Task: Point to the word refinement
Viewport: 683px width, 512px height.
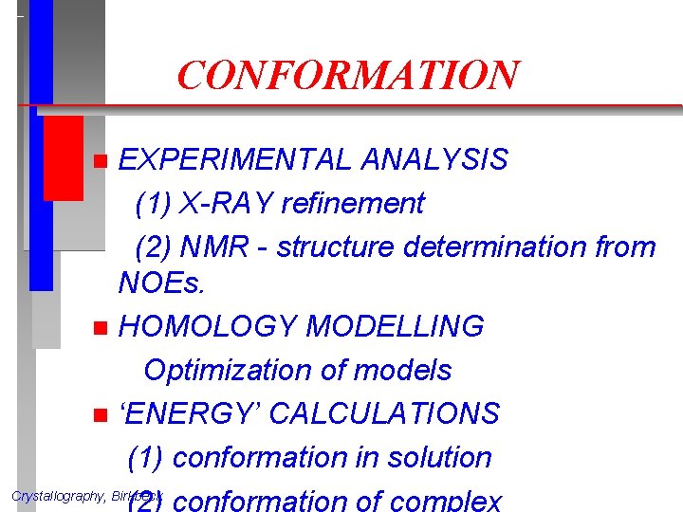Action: tap(360, 203)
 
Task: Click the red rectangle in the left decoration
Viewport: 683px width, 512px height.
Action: tap(64, 157)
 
